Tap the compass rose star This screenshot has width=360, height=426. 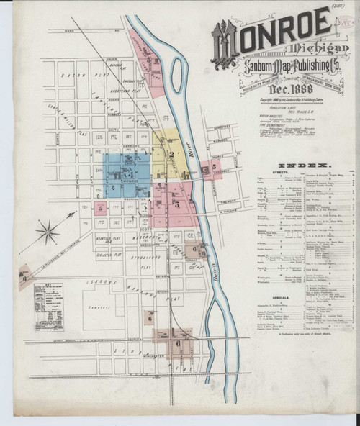[49, 231]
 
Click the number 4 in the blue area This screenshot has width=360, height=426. [130, 175]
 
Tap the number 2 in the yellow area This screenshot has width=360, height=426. [171, 153]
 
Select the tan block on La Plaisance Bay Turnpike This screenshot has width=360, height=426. [26, 276]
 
